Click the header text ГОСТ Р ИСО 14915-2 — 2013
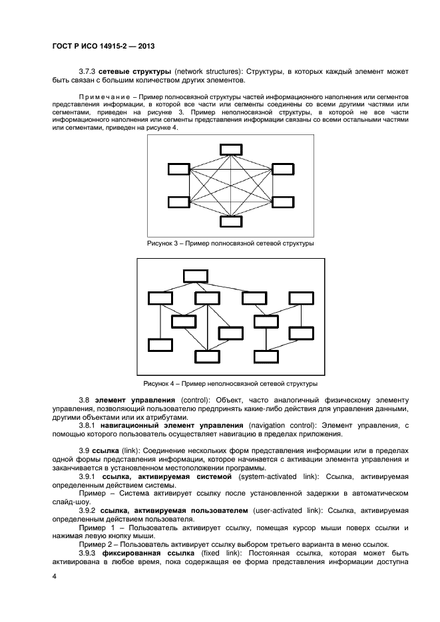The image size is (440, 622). tap(103, 46)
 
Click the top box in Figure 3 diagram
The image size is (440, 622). tap(230, 149)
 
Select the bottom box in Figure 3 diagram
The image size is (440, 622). tap(230, 221)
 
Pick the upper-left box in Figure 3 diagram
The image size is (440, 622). tap(178, 169)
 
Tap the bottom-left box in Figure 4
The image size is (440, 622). tap(160, 345)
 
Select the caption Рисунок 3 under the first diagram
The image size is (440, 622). tap(230, 244)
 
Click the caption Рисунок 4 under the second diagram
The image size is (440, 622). tap(230, 383)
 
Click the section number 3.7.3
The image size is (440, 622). tap(88, 71)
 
